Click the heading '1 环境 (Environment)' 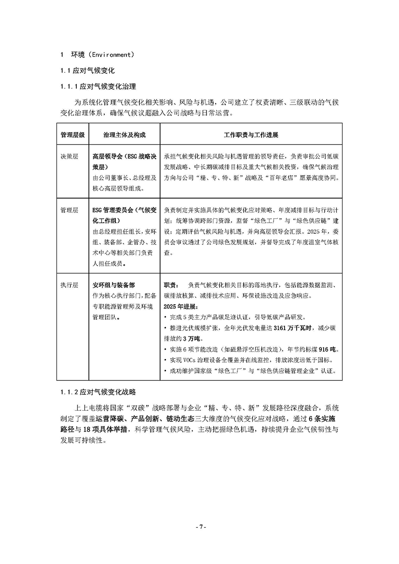pyautogui.click(x=97, y=54)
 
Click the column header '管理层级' pyautogui.click(x=72, y=134)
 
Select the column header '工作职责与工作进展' pyautogui.click(x=251, y=134)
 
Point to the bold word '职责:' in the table pyautogui.click(x=172, y=285)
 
